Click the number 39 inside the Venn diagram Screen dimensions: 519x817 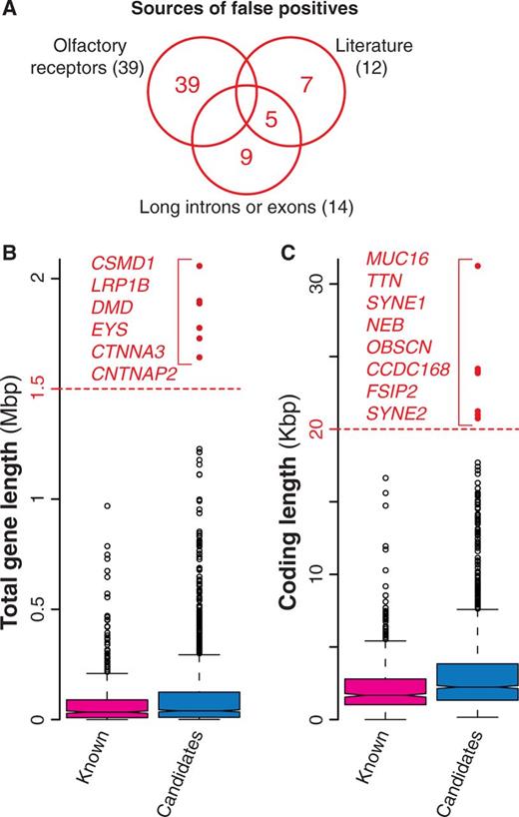point(188,84)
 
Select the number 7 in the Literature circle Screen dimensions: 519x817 point(307,84)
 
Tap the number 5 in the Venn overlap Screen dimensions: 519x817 point(271,119)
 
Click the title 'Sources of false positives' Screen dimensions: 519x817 point(245,9)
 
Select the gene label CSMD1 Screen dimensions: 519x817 point(123,263)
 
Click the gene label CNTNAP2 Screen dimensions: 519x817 point(135,374)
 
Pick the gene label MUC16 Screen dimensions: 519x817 point(397,259)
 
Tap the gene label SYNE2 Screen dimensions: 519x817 point(396,413)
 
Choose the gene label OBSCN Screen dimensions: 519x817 point(399,347)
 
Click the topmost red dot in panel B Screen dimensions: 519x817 point(199,266)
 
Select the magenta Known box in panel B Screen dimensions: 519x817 point(106,708)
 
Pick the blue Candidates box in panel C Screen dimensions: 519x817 point(477,681)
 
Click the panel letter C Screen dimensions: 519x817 point(287,253)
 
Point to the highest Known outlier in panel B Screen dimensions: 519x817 point(107,506)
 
